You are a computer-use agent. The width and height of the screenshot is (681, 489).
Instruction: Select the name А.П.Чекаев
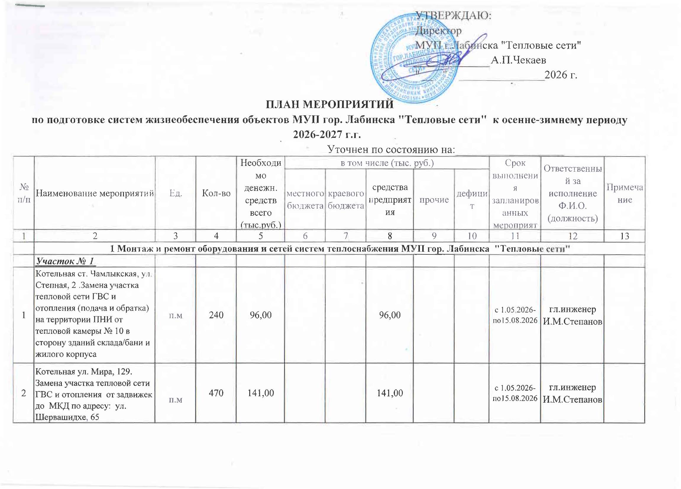[518, 60]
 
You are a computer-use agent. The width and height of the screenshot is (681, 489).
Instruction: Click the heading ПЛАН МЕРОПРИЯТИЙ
[330, 104]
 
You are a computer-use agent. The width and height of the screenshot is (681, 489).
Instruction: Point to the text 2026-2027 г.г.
[327, 134]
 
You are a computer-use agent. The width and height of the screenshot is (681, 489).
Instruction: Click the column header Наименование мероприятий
[95, 193]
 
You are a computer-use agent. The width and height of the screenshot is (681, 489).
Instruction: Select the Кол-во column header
[216, 193]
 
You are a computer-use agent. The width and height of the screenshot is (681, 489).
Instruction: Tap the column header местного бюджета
[305, 199]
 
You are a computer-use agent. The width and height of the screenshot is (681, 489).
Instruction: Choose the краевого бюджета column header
[346, 199]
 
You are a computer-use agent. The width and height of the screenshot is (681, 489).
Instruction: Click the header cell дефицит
[472, 199]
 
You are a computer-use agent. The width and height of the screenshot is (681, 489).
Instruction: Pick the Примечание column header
[625, 193]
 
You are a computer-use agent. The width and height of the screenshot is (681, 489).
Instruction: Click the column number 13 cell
[625, 236]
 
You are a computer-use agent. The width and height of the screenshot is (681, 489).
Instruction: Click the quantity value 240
[216, 315]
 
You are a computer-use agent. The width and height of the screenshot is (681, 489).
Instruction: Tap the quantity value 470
[216, 393]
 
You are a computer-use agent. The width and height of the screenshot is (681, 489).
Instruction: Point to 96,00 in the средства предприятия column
[390, 315]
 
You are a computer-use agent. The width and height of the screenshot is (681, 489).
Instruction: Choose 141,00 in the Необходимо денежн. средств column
[261, 393]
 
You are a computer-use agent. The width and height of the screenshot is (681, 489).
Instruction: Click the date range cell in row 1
[515, 315]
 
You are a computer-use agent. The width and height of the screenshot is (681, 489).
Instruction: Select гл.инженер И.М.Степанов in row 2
[572, 393]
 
